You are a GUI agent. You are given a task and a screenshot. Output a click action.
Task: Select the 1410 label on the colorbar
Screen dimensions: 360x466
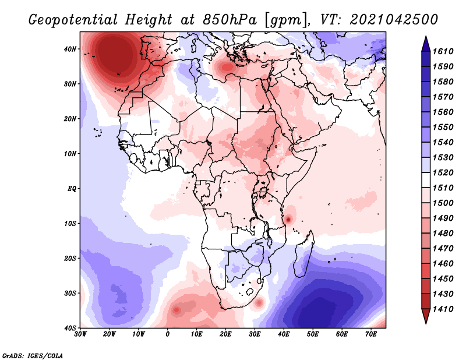click(x=444, y=308)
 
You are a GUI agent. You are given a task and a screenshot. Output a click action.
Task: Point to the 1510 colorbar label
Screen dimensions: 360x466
click(x=444, y=188)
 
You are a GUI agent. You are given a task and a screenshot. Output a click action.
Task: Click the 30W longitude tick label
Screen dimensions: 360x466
click(x=80, y=334)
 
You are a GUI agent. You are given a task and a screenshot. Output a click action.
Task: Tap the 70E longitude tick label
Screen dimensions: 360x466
click(x=370, y=334)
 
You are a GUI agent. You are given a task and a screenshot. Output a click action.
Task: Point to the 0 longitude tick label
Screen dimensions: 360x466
click(x=168, y=334)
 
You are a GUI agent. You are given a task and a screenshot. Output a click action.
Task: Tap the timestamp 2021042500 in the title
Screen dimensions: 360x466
click(x=394, y=20)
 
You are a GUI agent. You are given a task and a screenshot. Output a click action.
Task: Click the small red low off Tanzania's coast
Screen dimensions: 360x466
click(x=288, y=219)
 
